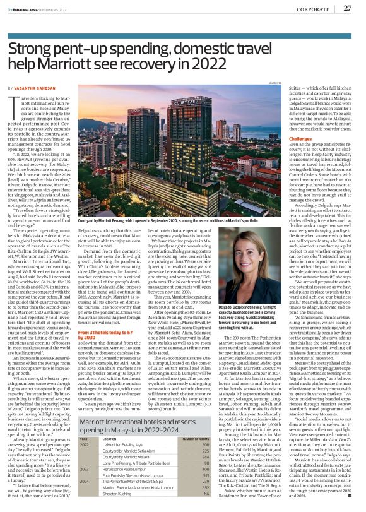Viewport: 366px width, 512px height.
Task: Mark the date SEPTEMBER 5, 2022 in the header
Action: [x=52, y=8]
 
